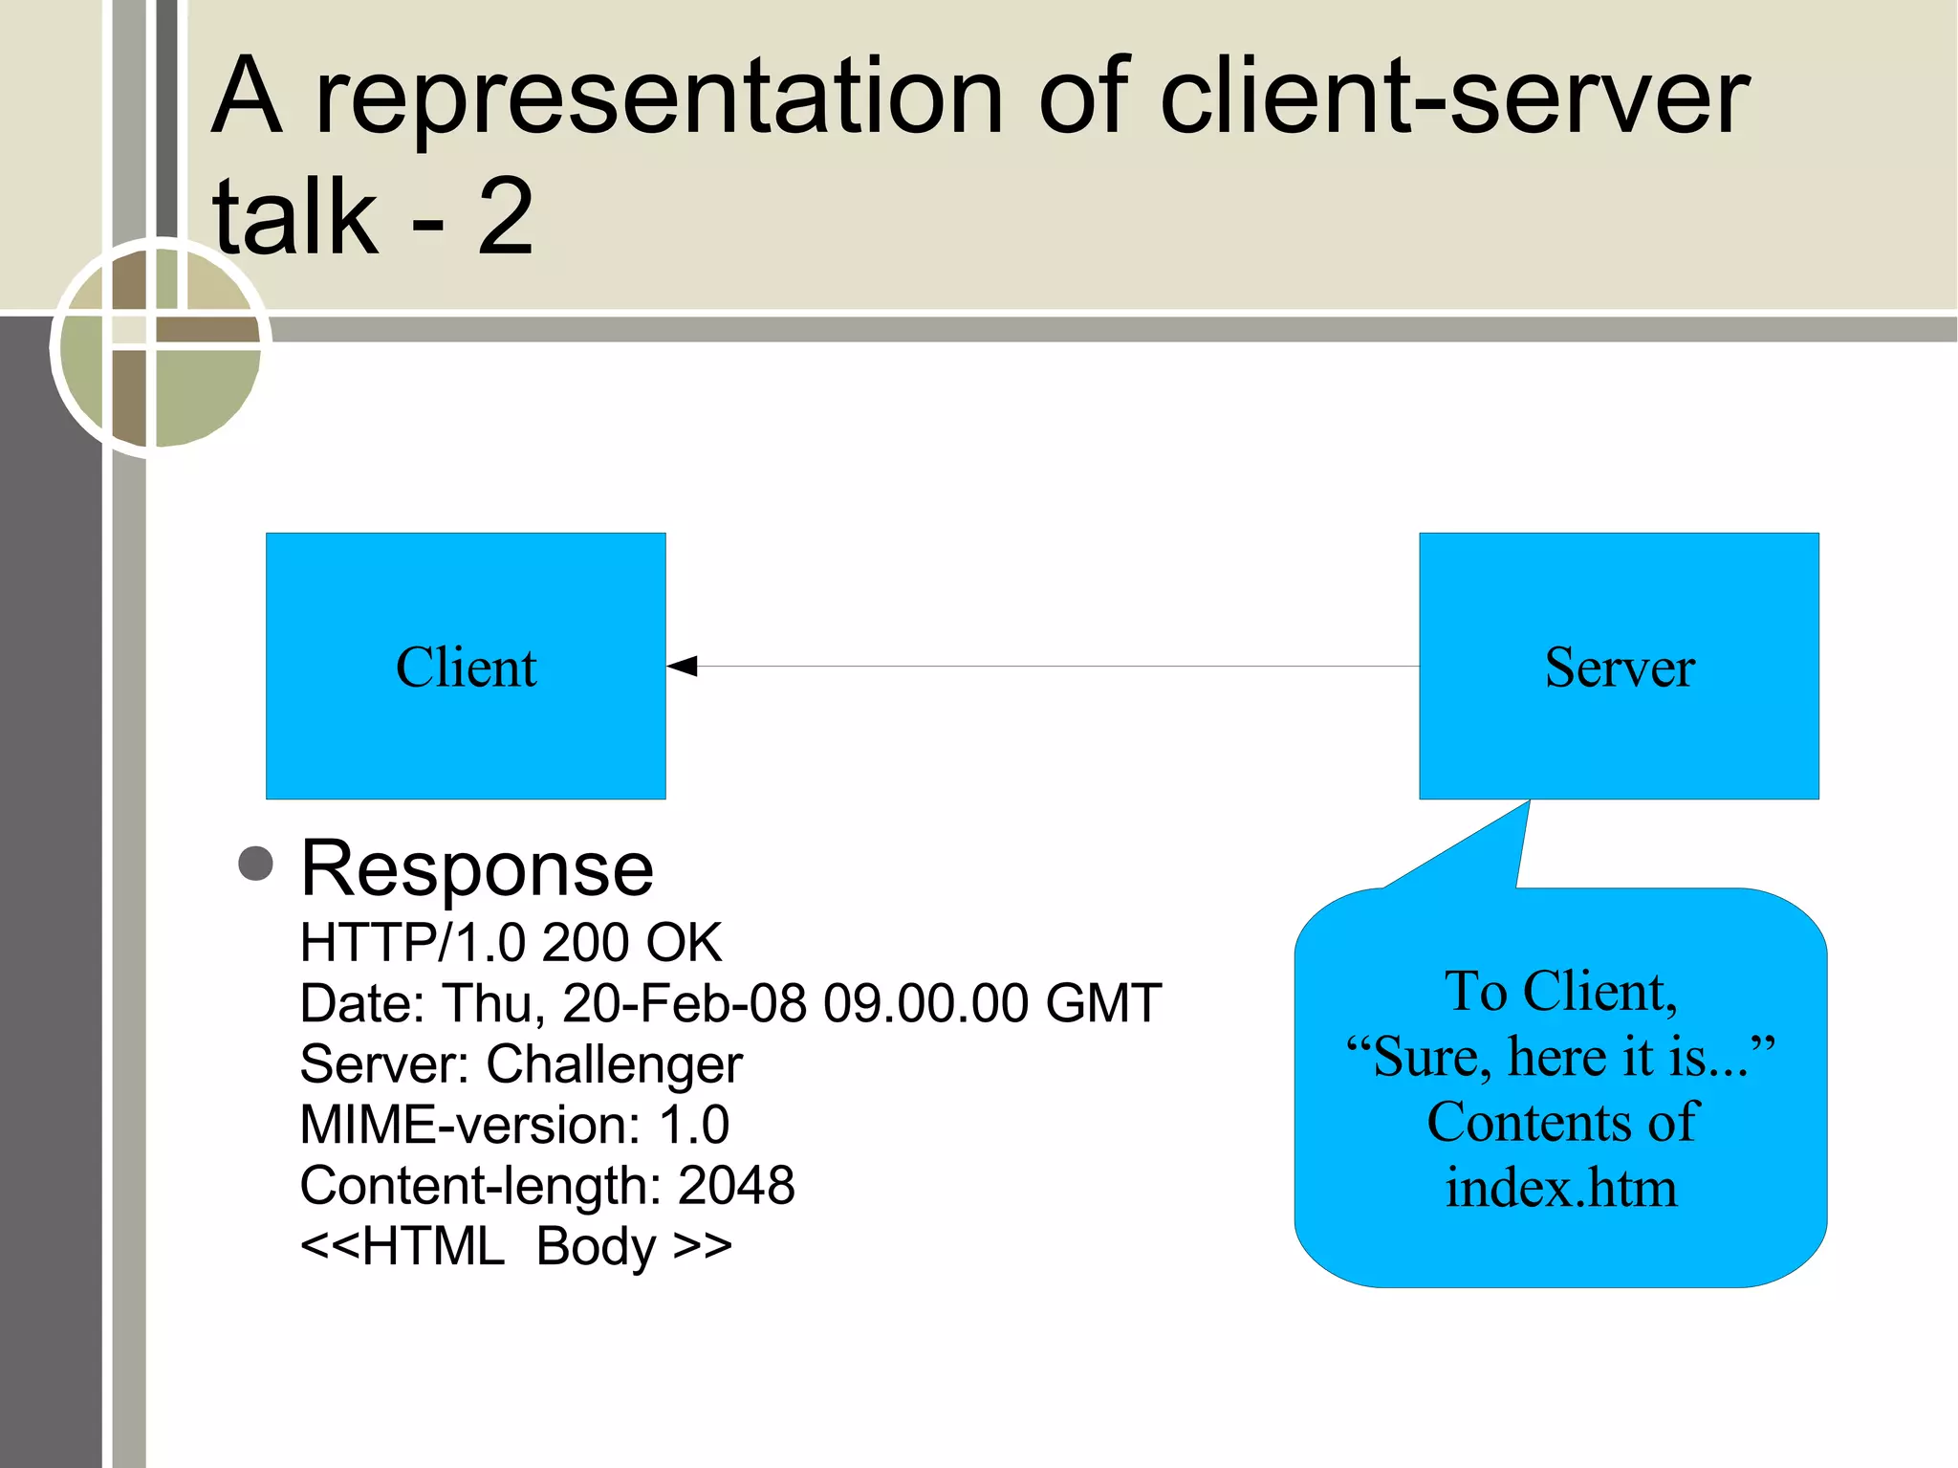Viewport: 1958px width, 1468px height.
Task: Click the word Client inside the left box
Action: click(466, 668)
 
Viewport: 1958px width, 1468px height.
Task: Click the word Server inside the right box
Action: click(1620, 668)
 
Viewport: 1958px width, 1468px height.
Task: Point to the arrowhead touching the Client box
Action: click(683, 667)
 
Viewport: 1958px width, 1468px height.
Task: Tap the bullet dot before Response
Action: click(255, 864)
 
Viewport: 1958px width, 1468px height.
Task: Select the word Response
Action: click(476, 869)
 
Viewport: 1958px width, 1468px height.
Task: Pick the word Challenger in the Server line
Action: click(614, 1064)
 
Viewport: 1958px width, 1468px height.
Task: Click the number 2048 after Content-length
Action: click(735, 1186)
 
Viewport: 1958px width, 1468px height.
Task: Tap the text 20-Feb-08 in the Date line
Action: click(685, 1004)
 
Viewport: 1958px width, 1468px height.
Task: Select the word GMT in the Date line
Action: click(1103, 1004)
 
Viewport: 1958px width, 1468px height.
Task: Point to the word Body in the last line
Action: click(597, 1247)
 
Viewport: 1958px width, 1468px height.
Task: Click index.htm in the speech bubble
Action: click(1560, 1189)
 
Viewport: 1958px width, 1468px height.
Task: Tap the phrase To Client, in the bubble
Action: click(1560, 992)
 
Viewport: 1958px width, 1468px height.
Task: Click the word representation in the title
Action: click(659, 97)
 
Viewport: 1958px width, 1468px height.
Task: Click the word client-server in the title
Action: click(1453, 97)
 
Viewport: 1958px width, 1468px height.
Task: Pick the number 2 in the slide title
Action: click(505, 218)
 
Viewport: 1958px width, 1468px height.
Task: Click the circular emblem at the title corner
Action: click(160, 346)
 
